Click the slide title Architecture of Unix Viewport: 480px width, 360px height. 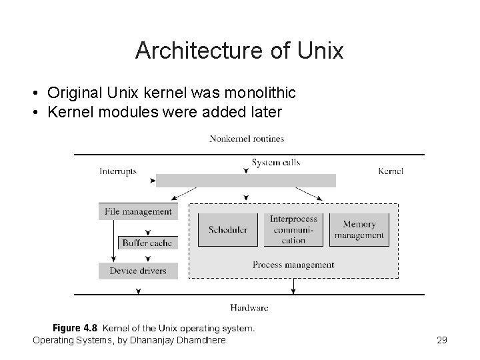[x=239, y=51]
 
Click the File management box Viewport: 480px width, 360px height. [x=138, y=211]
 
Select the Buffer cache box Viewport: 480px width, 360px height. [x=147, y=243]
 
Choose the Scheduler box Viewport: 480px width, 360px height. [x=228, y=229]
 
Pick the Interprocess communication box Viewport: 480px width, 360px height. [x=293, y=229]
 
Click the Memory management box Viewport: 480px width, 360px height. [x=359, y=229]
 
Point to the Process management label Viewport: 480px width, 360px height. [x=293, y=265]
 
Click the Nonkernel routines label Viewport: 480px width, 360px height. [x=247, y=139]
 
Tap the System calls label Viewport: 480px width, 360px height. [x=275, y=162]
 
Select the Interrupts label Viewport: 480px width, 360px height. [x=118, y=171]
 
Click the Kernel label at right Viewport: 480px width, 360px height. [x=390, y=171]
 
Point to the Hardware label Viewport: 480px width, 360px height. [x=249, y=308]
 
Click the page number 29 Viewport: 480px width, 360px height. [x=441, y=341]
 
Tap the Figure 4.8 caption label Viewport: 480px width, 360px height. [x=75, y=328]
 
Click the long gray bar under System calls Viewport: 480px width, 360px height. [x=246, y=181]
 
